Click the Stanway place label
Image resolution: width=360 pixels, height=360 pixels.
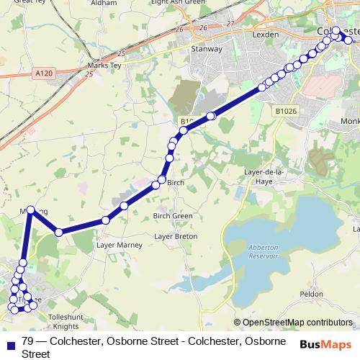pyautogui.click(x=207, y=50)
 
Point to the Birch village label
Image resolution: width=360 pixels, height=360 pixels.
pyautogui.click(x=176, y=183)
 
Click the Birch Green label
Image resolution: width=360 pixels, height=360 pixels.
pyautogui.click(x=173, y=216)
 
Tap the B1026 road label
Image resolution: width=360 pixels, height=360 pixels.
pyautogui.click(x=286, y=112)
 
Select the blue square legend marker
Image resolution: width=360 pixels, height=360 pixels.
pyautogui.click(x=9, y=342)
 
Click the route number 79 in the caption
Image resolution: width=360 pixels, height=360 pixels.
pyautogui.click(x=28, y=341)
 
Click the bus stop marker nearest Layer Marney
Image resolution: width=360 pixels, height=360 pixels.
pyautogui.click(x=106, y=220)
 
